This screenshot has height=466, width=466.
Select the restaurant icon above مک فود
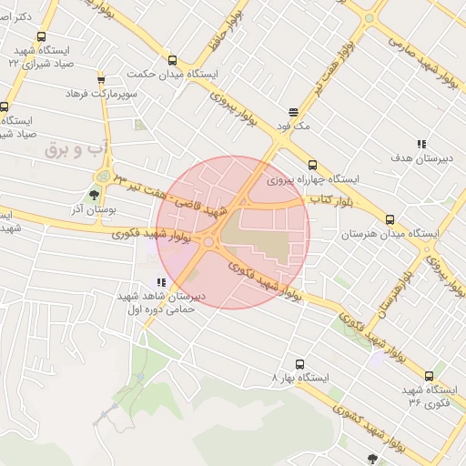tap(292, 114)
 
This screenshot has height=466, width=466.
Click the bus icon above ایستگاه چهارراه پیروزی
tap(312, 165)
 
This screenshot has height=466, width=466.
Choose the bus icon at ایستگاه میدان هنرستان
tap(390, 219)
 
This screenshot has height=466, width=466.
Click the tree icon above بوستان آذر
tap(95, 195)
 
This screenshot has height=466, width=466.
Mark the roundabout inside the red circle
tap(209, 241)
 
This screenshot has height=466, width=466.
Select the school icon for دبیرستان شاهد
tap(161, 282)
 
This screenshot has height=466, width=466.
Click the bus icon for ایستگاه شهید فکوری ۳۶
tap(429, 375)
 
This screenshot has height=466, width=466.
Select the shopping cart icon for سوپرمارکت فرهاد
tap(100, 79)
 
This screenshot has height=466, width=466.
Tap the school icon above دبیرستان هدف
tap(420, 144)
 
